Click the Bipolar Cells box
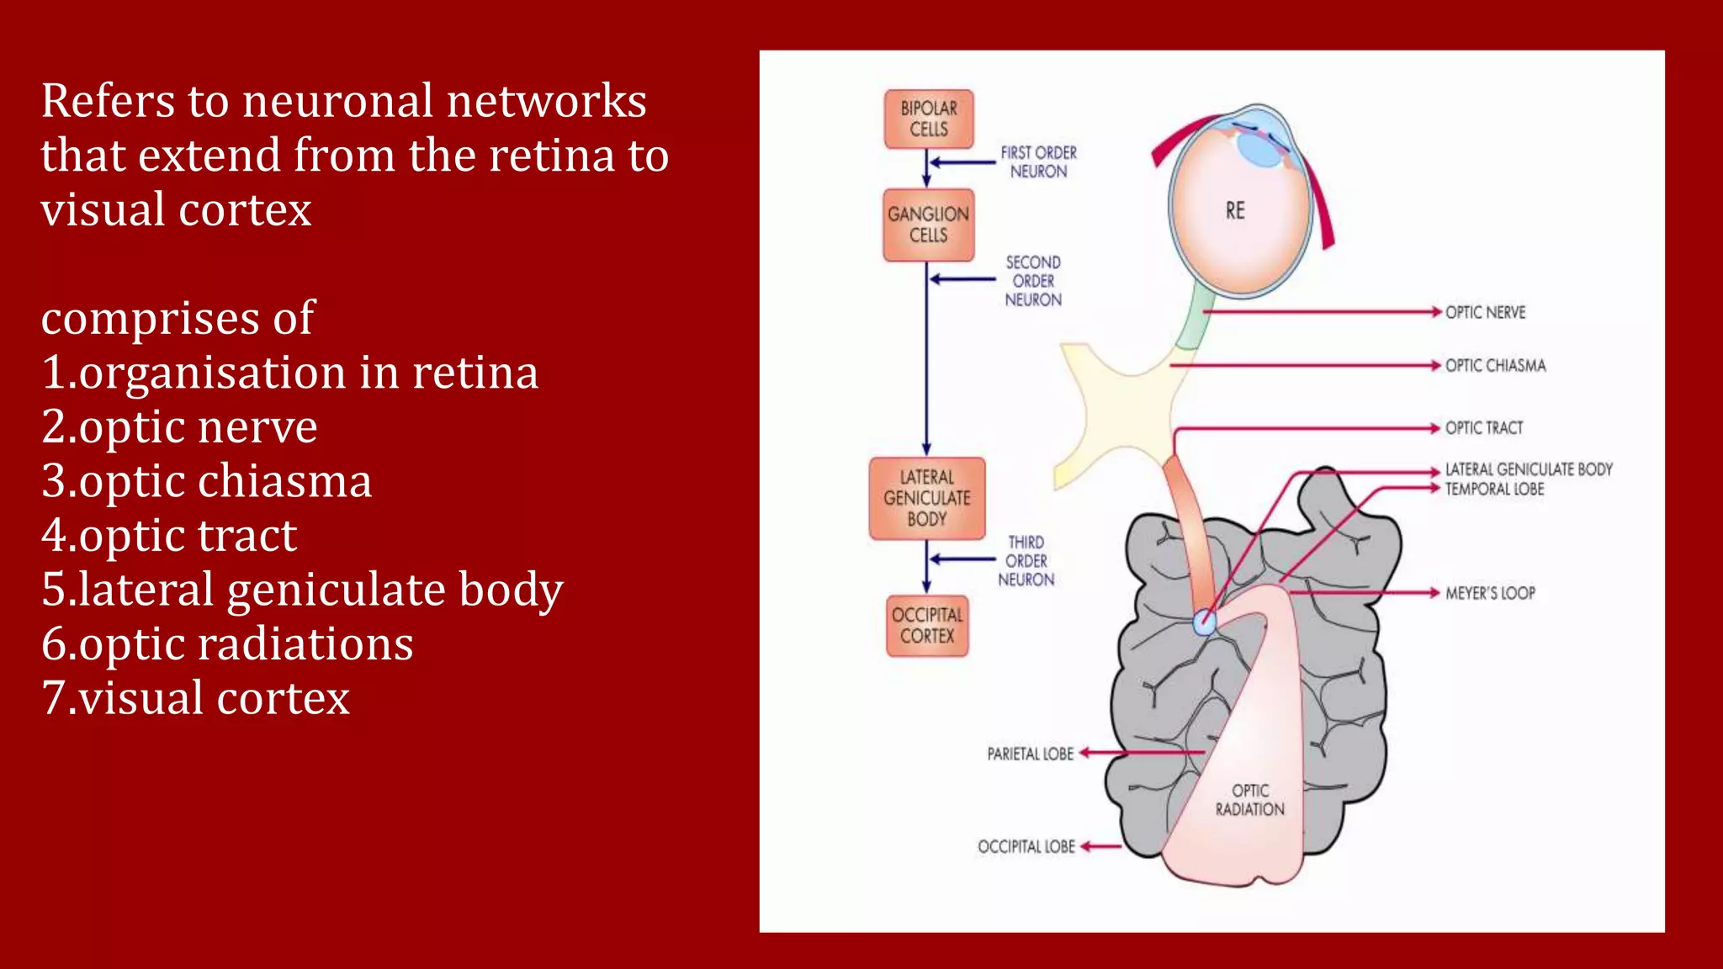[x=929, y=119]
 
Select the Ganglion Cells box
[x=929, y=225]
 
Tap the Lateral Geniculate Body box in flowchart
[x=927, y=498]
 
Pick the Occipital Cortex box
[x=927, y=626]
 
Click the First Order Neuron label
[x=1038, y=161]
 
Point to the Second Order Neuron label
[x=1033, y=281]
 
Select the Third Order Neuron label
[x=1026, y=561]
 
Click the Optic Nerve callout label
[x=1485, y=312]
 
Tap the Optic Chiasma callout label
[x=1495, y=365]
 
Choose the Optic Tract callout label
[x=1484, y=427]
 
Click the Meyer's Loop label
[x=1490, y=593]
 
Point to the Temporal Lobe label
[x=1494, y=490]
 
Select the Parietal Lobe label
[x=1030, y=754]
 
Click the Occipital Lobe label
[x=1026, y=846]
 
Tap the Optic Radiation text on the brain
[x=1250, y=800]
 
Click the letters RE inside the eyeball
[x=1235, y=210]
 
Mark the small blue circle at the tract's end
[x=1205, y=623]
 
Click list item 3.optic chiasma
[x=207, y=481]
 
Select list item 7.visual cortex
[x=196, y=698]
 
